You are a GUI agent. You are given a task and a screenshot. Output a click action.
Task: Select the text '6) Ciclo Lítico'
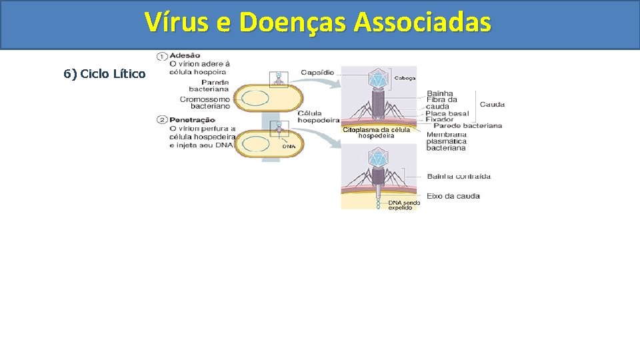coord(105,73)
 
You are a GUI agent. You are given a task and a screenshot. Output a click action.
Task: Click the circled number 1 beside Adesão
coord(162,55)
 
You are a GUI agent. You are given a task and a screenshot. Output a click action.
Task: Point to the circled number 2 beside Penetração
coord(162,120)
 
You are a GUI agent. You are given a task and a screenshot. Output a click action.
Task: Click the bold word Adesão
coord(185,55)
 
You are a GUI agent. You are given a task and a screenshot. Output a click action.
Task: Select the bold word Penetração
coord(193,120)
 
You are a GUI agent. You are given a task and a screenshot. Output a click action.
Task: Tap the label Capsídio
coord(317,72)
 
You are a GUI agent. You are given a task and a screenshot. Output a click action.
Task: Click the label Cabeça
coord(405,78)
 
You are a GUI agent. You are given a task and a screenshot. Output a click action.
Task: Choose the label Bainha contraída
coord(459,177)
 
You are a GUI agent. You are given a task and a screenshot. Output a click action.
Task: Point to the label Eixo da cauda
coord(453,196)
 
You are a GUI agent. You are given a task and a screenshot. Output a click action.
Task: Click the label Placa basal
coord(447,113)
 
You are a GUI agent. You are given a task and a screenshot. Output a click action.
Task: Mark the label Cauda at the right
coord(492,104)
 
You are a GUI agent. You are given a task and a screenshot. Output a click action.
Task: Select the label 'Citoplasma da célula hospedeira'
coord(377,132)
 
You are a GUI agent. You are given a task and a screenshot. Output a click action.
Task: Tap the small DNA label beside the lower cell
coord(289,146)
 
